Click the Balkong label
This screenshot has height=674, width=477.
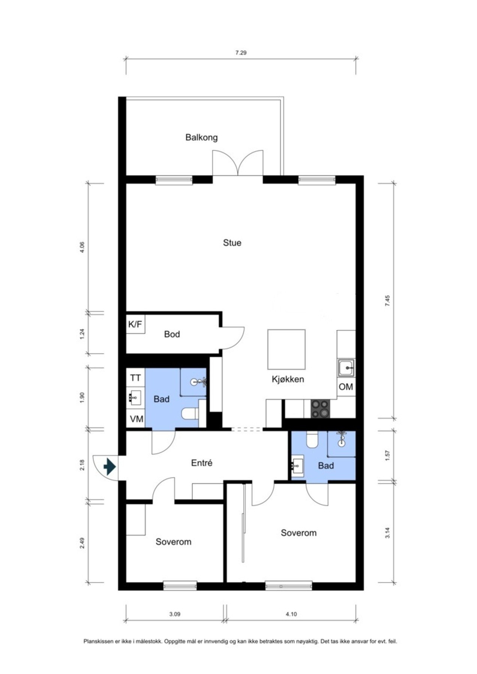[x=201, y=137]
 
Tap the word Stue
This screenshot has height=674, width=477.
[x=232, y=243]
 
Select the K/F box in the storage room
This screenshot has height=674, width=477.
[x=135, y=324]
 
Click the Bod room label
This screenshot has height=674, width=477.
[x=172, y=334]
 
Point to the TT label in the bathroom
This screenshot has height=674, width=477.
[x=135, y=378]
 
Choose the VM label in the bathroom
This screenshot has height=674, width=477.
[x=136, y=419]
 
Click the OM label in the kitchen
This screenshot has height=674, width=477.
[x=345, y=386]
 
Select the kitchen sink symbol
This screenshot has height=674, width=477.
[x=346, y=368]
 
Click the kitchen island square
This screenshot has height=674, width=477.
[x=286, y=349]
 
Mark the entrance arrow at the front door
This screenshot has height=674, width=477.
[x=109, y=467]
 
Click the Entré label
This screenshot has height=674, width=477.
[x=202, y=463]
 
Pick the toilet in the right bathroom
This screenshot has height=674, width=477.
[x=312, y=440]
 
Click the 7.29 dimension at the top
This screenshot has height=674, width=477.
[x=241, y=53]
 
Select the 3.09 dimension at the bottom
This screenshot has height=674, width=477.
[x=175, y=614]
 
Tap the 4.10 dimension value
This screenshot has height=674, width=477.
[x=291, y=614]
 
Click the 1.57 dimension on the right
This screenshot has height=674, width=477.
[x=387, y=455]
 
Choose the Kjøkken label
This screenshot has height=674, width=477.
[x=288, y=379]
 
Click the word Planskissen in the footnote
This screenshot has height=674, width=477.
[x=96, y=641]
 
